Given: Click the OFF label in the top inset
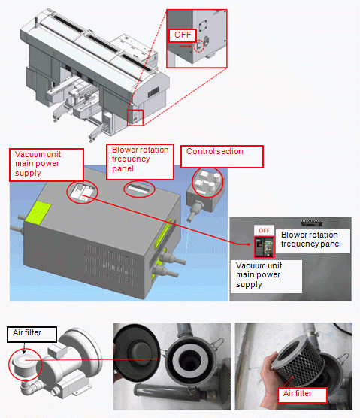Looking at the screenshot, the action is pyautogui.click(x=183, y=35).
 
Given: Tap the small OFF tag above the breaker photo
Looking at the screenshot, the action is pyautogui.click(x=264, y=230).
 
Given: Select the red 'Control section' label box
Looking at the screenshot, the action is pyautogui.click(x=222, y=156).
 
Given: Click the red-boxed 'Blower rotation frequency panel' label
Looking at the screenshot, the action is pyautogui.click(x=140, y=162).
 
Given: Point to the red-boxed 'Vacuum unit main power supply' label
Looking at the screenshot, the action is pyautogui.click(x=47, y=165).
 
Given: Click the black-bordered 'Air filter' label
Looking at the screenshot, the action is pyautogui.click(x=32, y=335).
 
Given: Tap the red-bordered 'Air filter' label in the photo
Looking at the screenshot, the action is pyautogui.click(x=302, y=395).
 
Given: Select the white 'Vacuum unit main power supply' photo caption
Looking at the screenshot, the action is pyautogui.click(x=266, y=277).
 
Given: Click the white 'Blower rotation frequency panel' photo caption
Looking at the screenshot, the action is pyautogui.click(x=313, y=241).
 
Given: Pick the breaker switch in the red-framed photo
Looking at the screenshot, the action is pyautogui.click(x=264, y=247).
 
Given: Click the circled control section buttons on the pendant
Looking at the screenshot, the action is pyautogui.click(x=207, y=183).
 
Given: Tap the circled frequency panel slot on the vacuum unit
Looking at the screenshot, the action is pyautogui.click(x=139, y=189).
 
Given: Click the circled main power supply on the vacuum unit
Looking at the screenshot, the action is pyautogui.click(x=82, y=192).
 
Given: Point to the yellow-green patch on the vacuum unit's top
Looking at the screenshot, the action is pyautogui.click(x=38, y=212).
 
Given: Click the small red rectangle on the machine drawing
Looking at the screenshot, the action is pyautogui.click(x=135, y=117).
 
